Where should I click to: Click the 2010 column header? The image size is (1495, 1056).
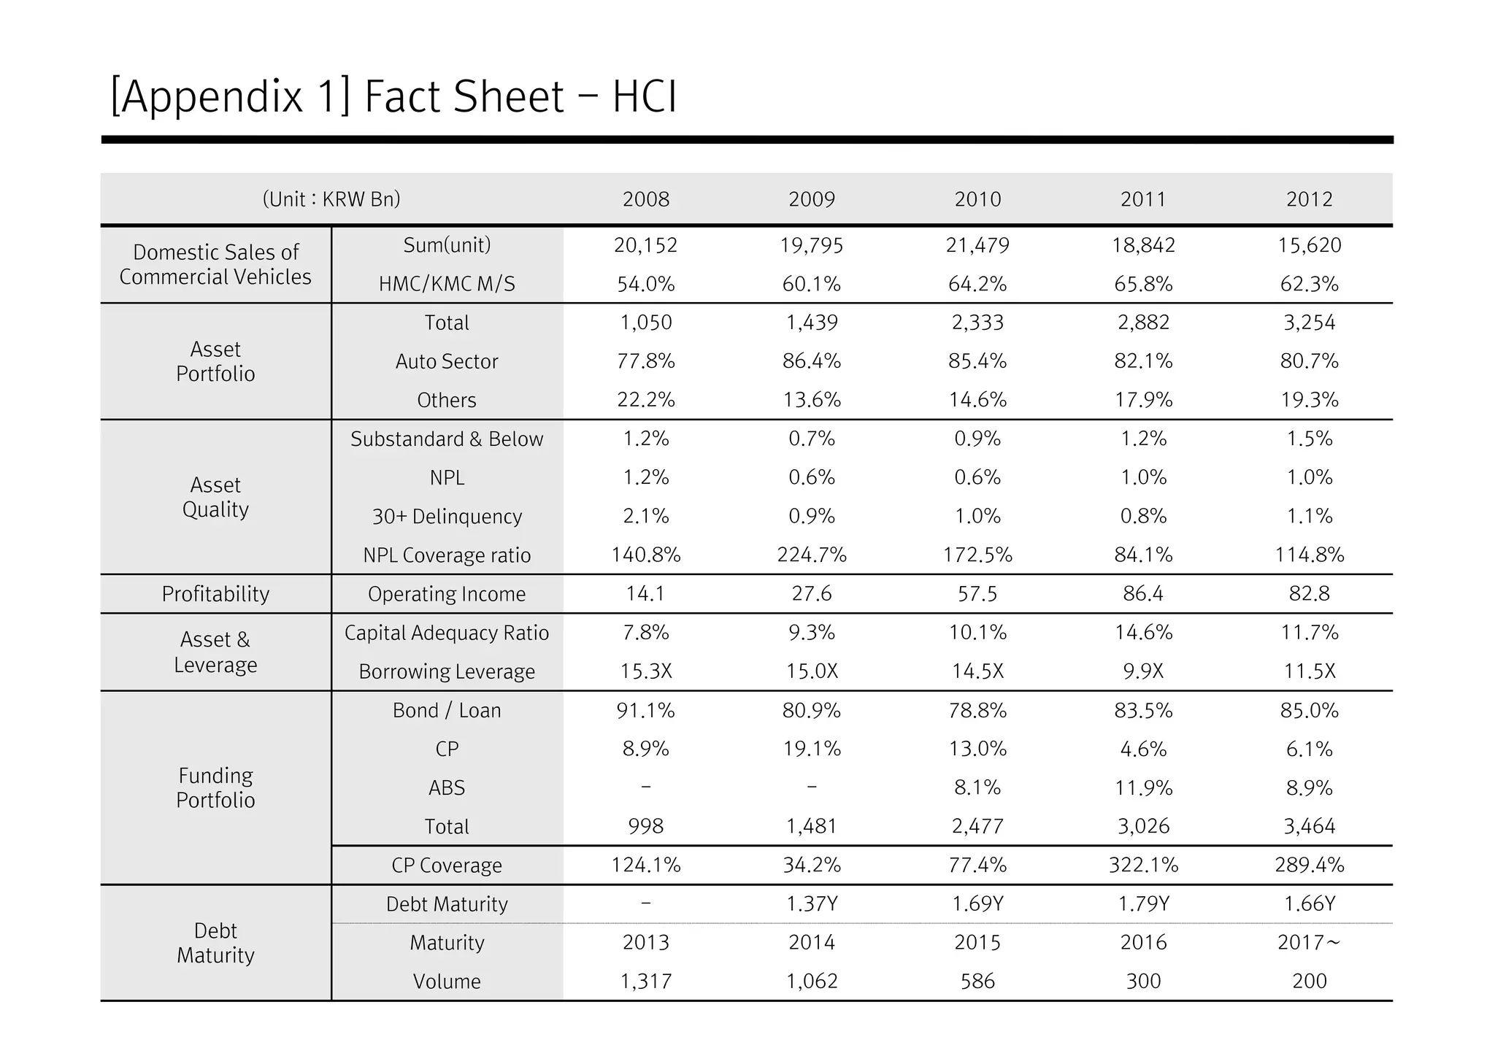tap(977, 199)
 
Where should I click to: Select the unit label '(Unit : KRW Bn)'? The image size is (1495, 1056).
tap(331, 199)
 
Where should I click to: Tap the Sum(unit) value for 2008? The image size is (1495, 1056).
tap(645, 245)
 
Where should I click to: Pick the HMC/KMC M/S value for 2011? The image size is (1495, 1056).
tap(1143, 284)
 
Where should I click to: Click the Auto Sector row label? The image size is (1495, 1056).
tap(447, 361)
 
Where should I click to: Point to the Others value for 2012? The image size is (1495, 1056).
tap(1309, 400)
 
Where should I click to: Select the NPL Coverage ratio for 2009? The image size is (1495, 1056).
tap(812, 555)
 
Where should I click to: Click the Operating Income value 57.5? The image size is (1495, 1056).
tap(977, 594)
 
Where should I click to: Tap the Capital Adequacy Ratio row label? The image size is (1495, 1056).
tap(447, 633)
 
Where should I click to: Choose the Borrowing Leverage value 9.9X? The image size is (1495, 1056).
tap(1143, 671)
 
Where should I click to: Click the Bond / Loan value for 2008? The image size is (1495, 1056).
tap(645, 710)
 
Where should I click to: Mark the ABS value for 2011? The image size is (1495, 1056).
tap(1143, 788)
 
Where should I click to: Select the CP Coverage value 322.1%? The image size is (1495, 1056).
tap(1143, 866)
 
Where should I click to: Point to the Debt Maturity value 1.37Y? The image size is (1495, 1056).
tap(812, 904)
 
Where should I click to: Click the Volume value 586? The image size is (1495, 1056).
tap(977, 982)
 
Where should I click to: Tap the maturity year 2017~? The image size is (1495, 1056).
tap(1309, 943)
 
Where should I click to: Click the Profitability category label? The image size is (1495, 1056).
tap(215, 594)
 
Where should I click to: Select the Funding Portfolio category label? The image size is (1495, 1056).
tap(215, 787)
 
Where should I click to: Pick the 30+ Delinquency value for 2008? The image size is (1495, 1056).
tap(645, 517)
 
